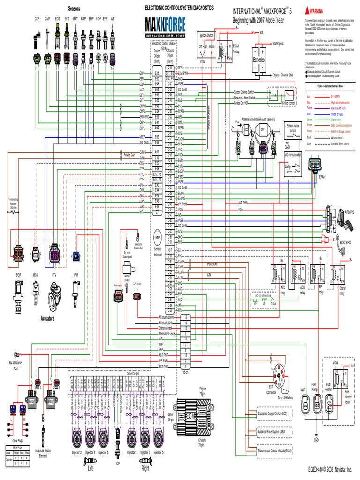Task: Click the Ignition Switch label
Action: tap(206, 35)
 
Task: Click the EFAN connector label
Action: tap(322, 178)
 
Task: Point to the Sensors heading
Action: tap(74, 8)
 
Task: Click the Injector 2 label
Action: tap(76, 452)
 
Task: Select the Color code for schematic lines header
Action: tap(327, 86)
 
